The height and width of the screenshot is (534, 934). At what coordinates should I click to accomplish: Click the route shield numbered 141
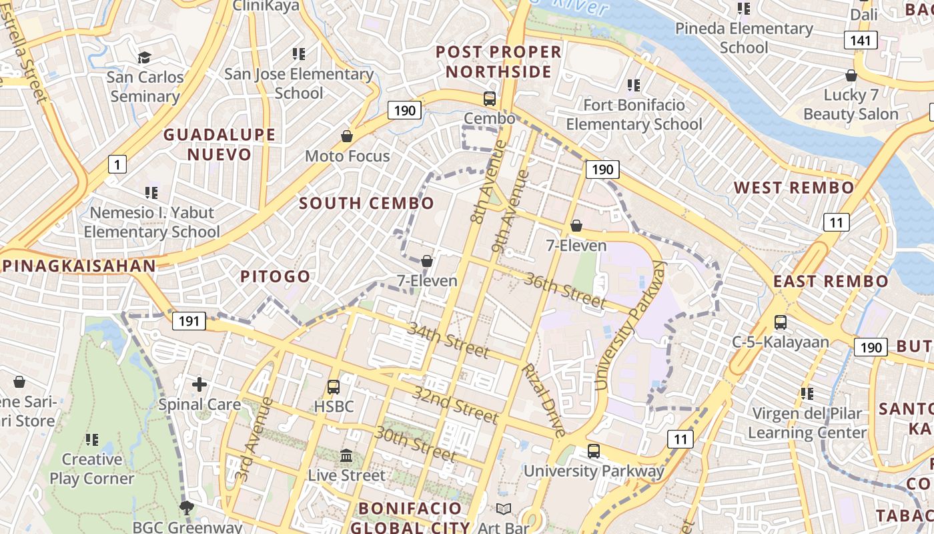861,41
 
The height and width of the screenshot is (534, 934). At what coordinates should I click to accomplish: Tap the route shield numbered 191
189,321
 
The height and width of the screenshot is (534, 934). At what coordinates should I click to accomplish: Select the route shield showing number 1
117,164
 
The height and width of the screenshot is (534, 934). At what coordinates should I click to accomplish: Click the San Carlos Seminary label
145,86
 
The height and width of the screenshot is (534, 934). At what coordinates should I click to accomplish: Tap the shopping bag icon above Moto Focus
347,136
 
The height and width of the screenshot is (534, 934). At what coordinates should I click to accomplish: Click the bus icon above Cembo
490,99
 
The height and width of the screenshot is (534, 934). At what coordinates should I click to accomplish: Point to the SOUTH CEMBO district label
366,203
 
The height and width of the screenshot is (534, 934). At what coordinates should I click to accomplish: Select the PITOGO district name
276,276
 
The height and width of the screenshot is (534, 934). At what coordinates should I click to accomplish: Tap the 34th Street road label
448,339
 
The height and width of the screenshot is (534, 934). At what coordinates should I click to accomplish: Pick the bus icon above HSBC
334,386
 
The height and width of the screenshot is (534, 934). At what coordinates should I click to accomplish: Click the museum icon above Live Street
346,456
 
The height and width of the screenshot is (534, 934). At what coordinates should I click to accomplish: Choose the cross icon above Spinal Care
199,384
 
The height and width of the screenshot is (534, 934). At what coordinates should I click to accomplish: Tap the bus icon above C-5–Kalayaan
780,322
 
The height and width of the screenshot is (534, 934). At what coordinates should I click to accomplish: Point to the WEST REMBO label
794,188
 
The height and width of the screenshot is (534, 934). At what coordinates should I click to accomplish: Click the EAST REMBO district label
831,281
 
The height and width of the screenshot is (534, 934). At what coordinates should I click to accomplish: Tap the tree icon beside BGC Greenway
187,508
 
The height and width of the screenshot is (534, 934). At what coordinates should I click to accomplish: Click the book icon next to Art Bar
504,509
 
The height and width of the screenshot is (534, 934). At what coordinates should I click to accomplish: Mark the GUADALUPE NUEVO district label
219,144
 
